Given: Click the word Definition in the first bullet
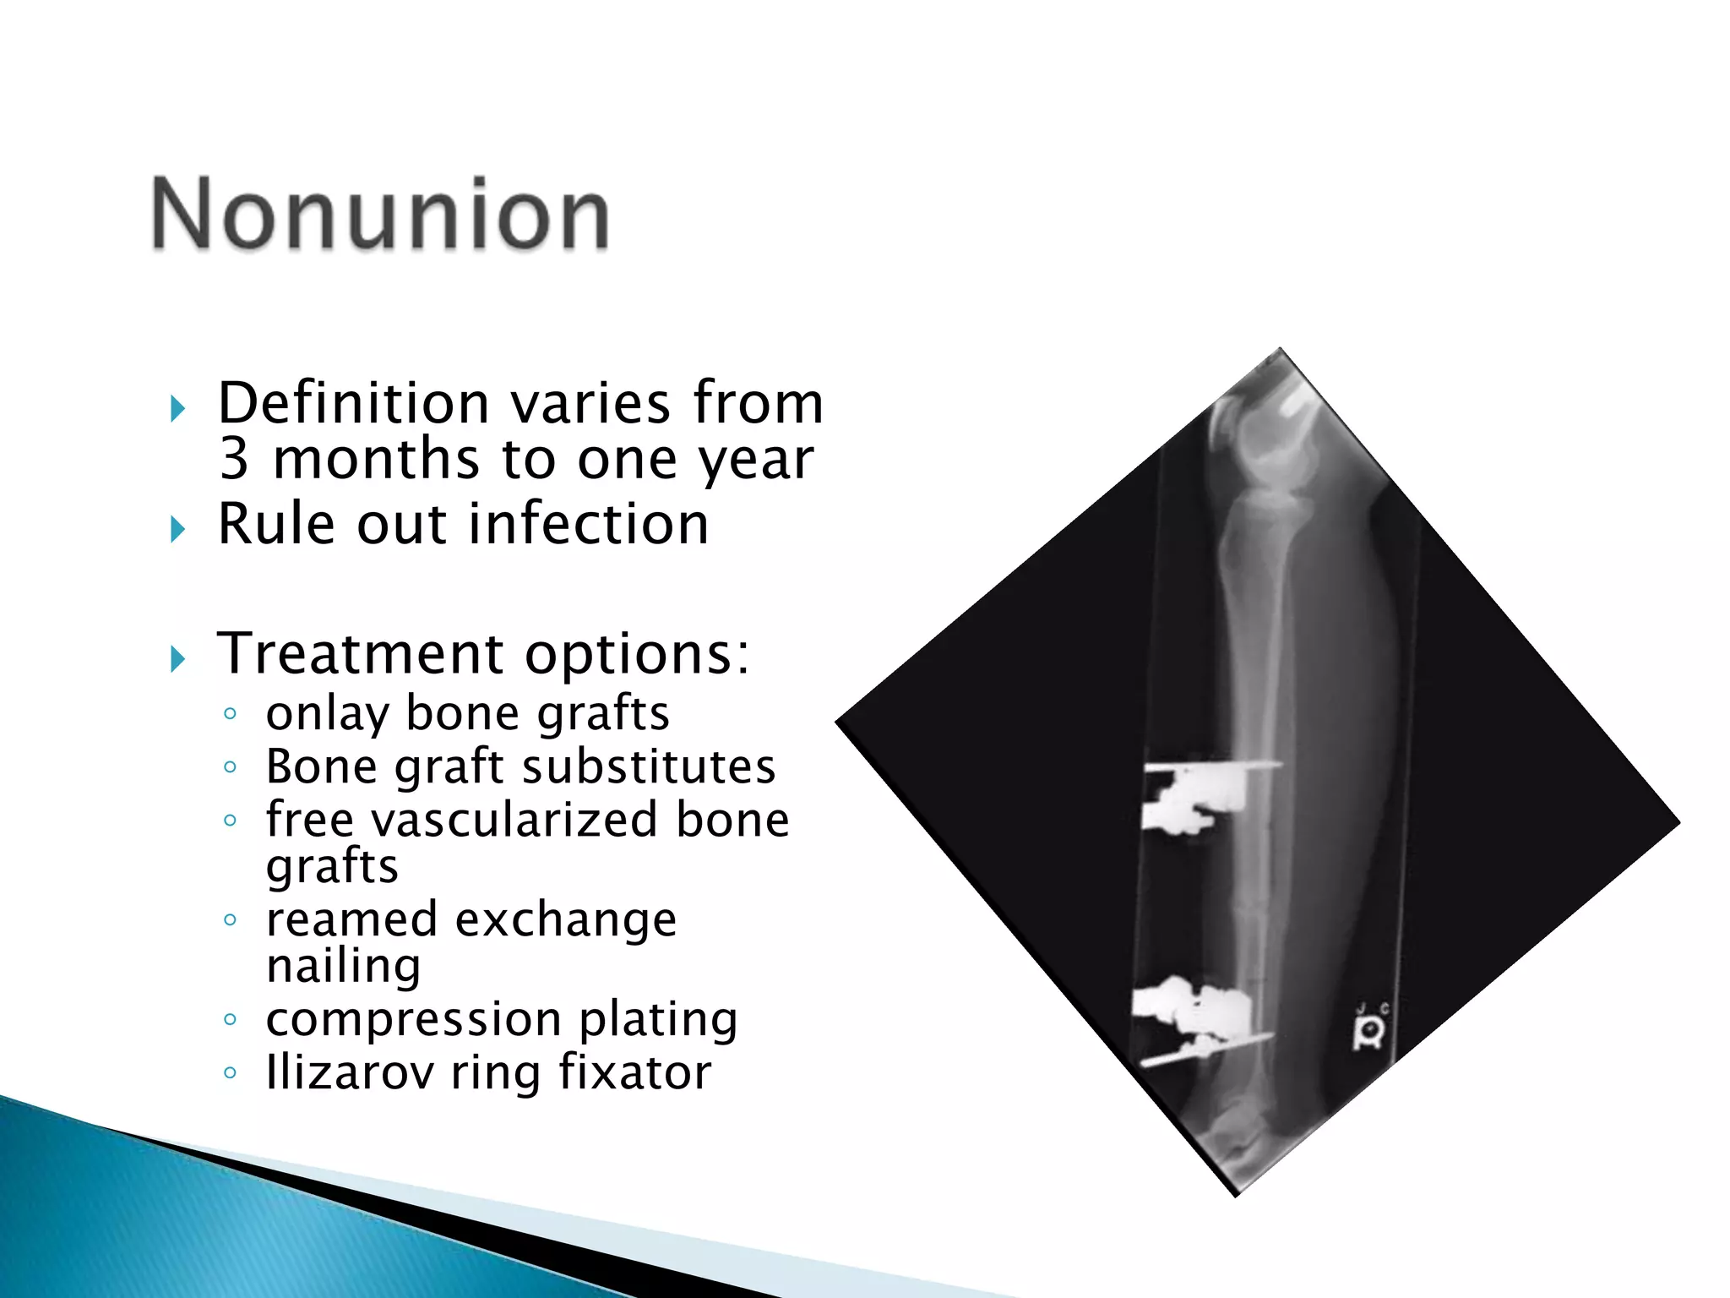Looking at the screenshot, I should [354, 403].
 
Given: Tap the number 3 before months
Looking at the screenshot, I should [235, 459].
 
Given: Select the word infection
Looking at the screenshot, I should [589, 524].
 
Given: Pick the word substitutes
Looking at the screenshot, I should [649, 766].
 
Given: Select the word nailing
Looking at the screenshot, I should [343, 966].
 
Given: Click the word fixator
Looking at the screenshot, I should [634, 1072].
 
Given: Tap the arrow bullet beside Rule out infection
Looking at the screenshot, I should [177, 530].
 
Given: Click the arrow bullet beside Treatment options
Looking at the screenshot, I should [177, 658].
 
